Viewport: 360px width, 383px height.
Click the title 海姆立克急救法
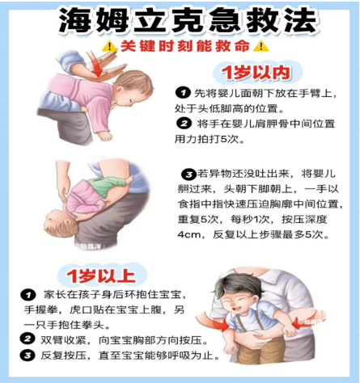(188, 20)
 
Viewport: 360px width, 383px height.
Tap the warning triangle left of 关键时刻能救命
(109, 46)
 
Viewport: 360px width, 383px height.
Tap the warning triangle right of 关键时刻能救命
(261, 46)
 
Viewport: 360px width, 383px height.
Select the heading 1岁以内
(256, 73)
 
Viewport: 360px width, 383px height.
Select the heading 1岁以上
(101, 276)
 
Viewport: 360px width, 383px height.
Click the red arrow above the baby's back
(96, 65)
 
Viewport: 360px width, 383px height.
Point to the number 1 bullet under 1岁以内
(183, 93)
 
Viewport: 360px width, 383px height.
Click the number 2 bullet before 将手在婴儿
(184, 124)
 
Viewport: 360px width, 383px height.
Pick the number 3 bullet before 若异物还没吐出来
(188, 174)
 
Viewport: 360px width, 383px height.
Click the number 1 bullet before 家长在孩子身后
(28, 295)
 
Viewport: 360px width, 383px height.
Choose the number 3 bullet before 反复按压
(28, 356)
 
